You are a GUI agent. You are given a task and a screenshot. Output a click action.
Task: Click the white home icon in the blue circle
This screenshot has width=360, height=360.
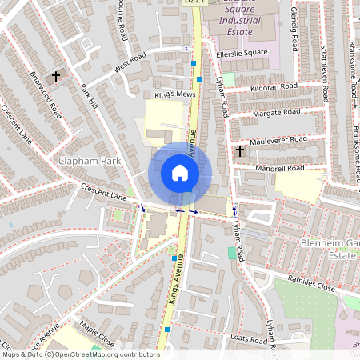[x=180, y=172]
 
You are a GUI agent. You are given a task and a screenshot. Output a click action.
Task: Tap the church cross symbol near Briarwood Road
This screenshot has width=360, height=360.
[x=56, y=77]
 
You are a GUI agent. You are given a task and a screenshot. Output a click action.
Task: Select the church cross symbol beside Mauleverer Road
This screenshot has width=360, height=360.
[x=239, y=150]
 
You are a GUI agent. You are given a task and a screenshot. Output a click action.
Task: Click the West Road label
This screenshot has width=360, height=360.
[x=130, y=64]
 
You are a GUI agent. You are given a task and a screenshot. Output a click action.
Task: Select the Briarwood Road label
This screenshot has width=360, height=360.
[x=46, y=94]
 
